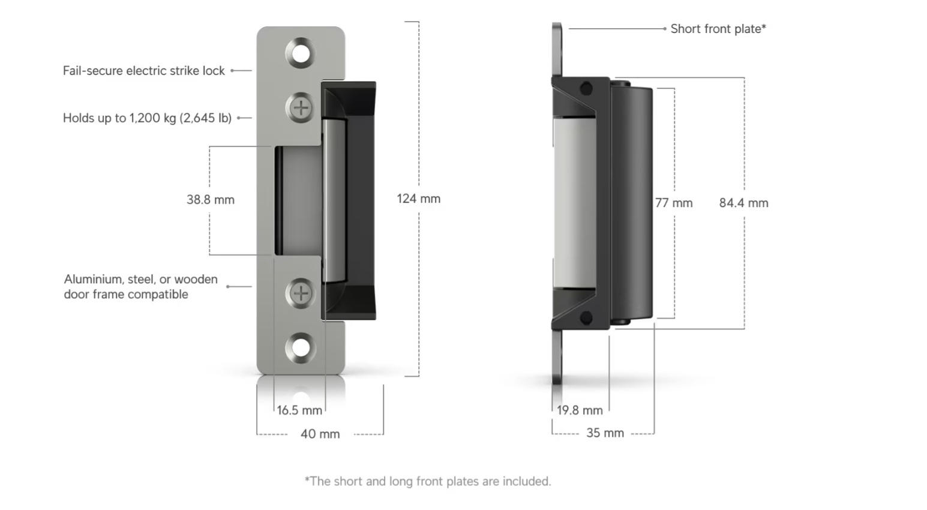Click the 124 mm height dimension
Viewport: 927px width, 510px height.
pyautogui.click(x=418, y=199)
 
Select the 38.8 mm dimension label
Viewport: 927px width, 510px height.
pyautogui.click(x=210, y=200)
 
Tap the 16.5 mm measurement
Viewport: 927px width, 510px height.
pyautogui.click(x=299, y=410)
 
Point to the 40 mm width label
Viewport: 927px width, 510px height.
pyautogui.click(x=320, y=434)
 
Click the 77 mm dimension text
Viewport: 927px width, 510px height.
pyautogui.click(x=673, y=203)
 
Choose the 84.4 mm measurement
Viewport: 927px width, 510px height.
pyautogui.click(x=743, y=203)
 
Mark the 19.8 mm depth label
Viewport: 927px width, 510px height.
pyautogui.click(x=579, y=410)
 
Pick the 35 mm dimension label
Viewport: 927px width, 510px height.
pyautogui.click(x=605, y=433)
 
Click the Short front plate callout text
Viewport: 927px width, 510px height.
pyautogui.click(x=718, y=29)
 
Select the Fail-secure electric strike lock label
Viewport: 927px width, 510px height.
pyautogui.click(x=143, y=71)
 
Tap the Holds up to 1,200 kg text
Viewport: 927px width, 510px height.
pyautogui.click(x=147, y=118)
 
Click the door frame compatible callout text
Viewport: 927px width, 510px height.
pyautogui.click(x=140, y=287)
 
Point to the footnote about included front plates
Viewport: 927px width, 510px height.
pyautogui.click(x=427, y=481)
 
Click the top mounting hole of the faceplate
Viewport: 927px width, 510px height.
pyautogui.click(x=301, y=53)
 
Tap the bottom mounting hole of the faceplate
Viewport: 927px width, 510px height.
pyautogui.click(x=301, y=348)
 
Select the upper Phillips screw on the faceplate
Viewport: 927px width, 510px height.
pyautogui.click(x=301, y=109)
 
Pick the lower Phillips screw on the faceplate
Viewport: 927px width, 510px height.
pyautogui.click(x=301, y=293)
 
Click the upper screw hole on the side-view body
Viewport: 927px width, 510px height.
pyautogui.click(x=586, y=89)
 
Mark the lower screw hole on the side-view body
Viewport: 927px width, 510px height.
pyautogui.click(x=586, y=317)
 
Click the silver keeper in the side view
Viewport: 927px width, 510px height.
pyautogui.click(x=574, y=203)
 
